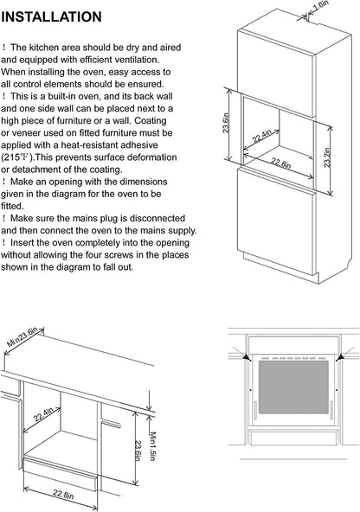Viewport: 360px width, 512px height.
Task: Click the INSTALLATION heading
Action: tap(51, 16)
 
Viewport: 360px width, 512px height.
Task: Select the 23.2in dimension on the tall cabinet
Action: tap(326, 157)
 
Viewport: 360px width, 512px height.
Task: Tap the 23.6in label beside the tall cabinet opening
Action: tap(226, 123)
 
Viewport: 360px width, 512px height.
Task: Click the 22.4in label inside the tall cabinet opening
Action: tap(262, 137)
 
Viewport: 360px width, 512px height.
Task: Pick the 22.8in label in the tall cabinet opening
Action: tap(280, 163)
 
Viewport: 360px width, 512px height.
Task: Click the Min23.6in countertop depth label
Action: tap(22, 337)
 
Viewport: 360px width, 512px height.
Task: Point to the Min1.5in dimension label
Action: tap(152, 446)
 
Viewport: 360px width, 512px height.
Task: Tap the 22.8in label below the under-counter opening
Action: tap(63, 495)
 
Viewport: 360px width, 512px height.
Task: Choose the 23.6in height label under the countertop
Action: tap(138, 451)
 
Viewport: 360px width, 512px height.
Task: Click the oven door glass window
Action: tap(293, 387)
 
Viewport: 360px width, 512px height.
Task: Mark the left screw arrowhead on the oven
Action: tap(247, 357)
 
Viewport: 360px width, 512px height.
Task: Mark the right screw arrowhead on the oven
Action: tap(340, 357)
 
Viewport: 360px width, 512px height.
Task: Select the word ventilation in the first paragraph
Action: tap(137, 60)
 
